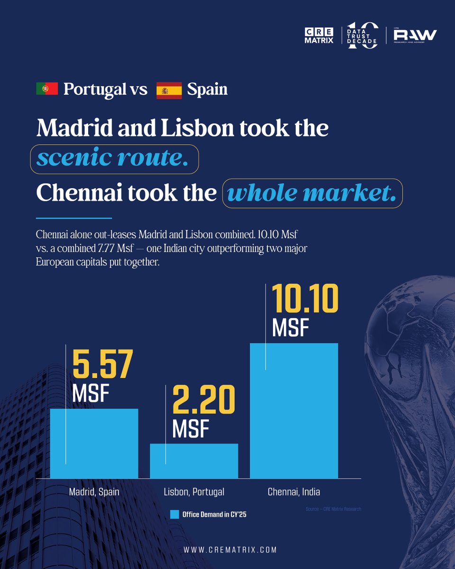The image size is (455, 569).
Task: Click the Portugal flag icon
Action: tap(47, 89)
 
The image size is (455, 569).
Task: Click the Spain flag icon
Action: tap(169, 91)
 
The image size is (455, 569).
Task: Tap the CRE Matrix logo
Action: tap(319, 36)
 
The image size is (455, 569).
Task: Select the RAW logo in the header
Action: tap(415, 36)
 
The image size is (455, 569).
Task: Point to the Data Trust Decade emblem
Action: tap(362, 36)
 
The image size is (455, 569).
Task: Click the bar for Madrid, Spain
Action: tap(94, 443)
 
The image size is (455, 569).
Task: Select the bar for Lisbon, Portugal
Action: tap(194, 461)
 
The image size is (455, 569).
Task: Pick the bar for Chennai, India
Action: tap(294, 411)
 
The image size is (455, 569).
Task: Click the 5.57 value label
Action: tap(103, 364)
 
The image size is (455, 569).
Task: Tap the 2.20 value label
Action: tap(204, 399)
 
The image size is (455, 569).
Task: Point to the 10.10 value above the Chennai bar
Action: tap(305, 299)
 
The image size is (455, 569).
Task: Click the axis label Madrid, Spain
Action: tap(94, 492)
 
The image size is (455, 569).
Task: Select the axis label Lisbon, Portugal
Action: tap(194, 492)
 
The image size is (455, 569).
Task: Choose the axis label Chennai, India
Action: tap(294, 492)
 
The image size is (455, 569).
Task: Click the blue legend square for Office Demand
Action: tap(174, 514)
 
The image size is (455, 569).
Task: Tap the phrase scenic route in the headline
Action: tap(112, 157)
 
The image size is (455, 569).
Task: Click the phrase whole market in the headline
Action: tap(312, 193)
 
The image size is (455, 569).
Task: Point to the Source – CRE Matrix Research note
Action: tap(333, 509)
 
